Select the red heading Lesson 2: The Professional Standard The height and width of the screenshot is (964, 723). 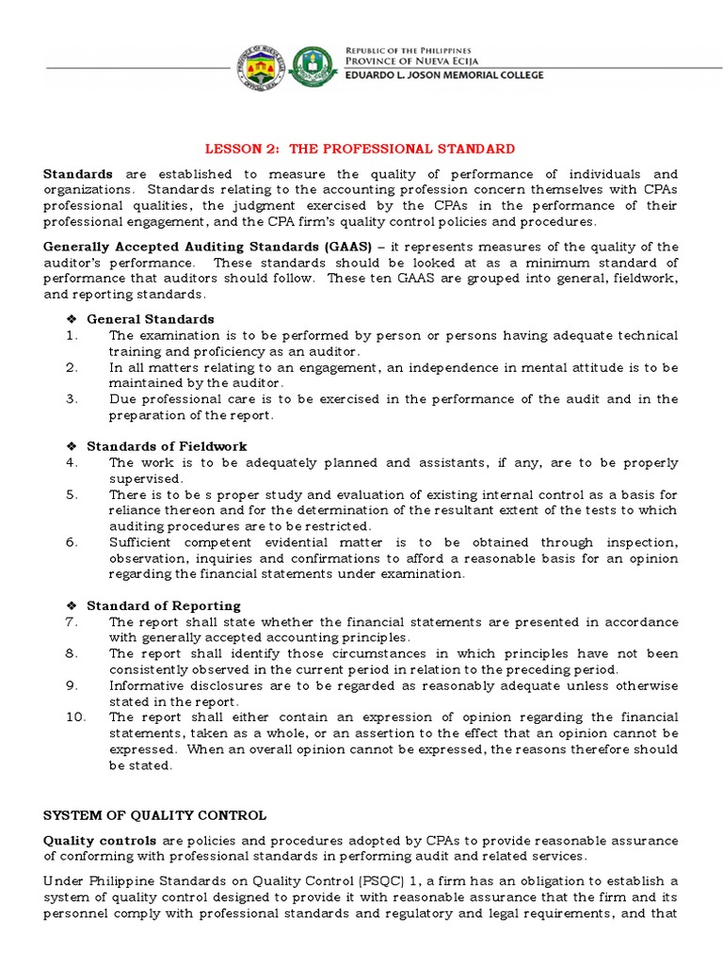pyautogui.click(x=361, y=149)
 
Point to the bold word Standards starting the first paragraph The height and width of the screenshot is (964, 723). pyautogui.click(x=78, y=174)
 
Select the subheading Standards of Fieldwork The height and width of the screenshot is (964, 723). pyautogui.click(x=167, y=446)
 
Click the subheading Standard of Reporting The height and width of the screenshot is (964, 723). pyautogui.click(x=164, y=605)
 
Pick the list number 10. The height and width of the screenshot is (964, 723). pyautogui.click(x=75, y=717)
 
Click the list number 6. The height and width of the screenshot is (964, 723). pyautogui.click(x=72, y=542)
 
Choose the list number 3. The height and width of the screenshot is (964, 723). pyautogui.click(x=72, y=399)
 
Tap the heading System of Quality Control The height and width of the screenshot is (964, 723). pyautogui.click(x=155, y=815)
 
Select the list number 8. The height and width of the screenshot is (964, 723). pyautogui.click(x=72, y=653)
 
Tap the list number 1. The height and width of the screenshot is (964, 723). pyautogui.click(x=72, y=335)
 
